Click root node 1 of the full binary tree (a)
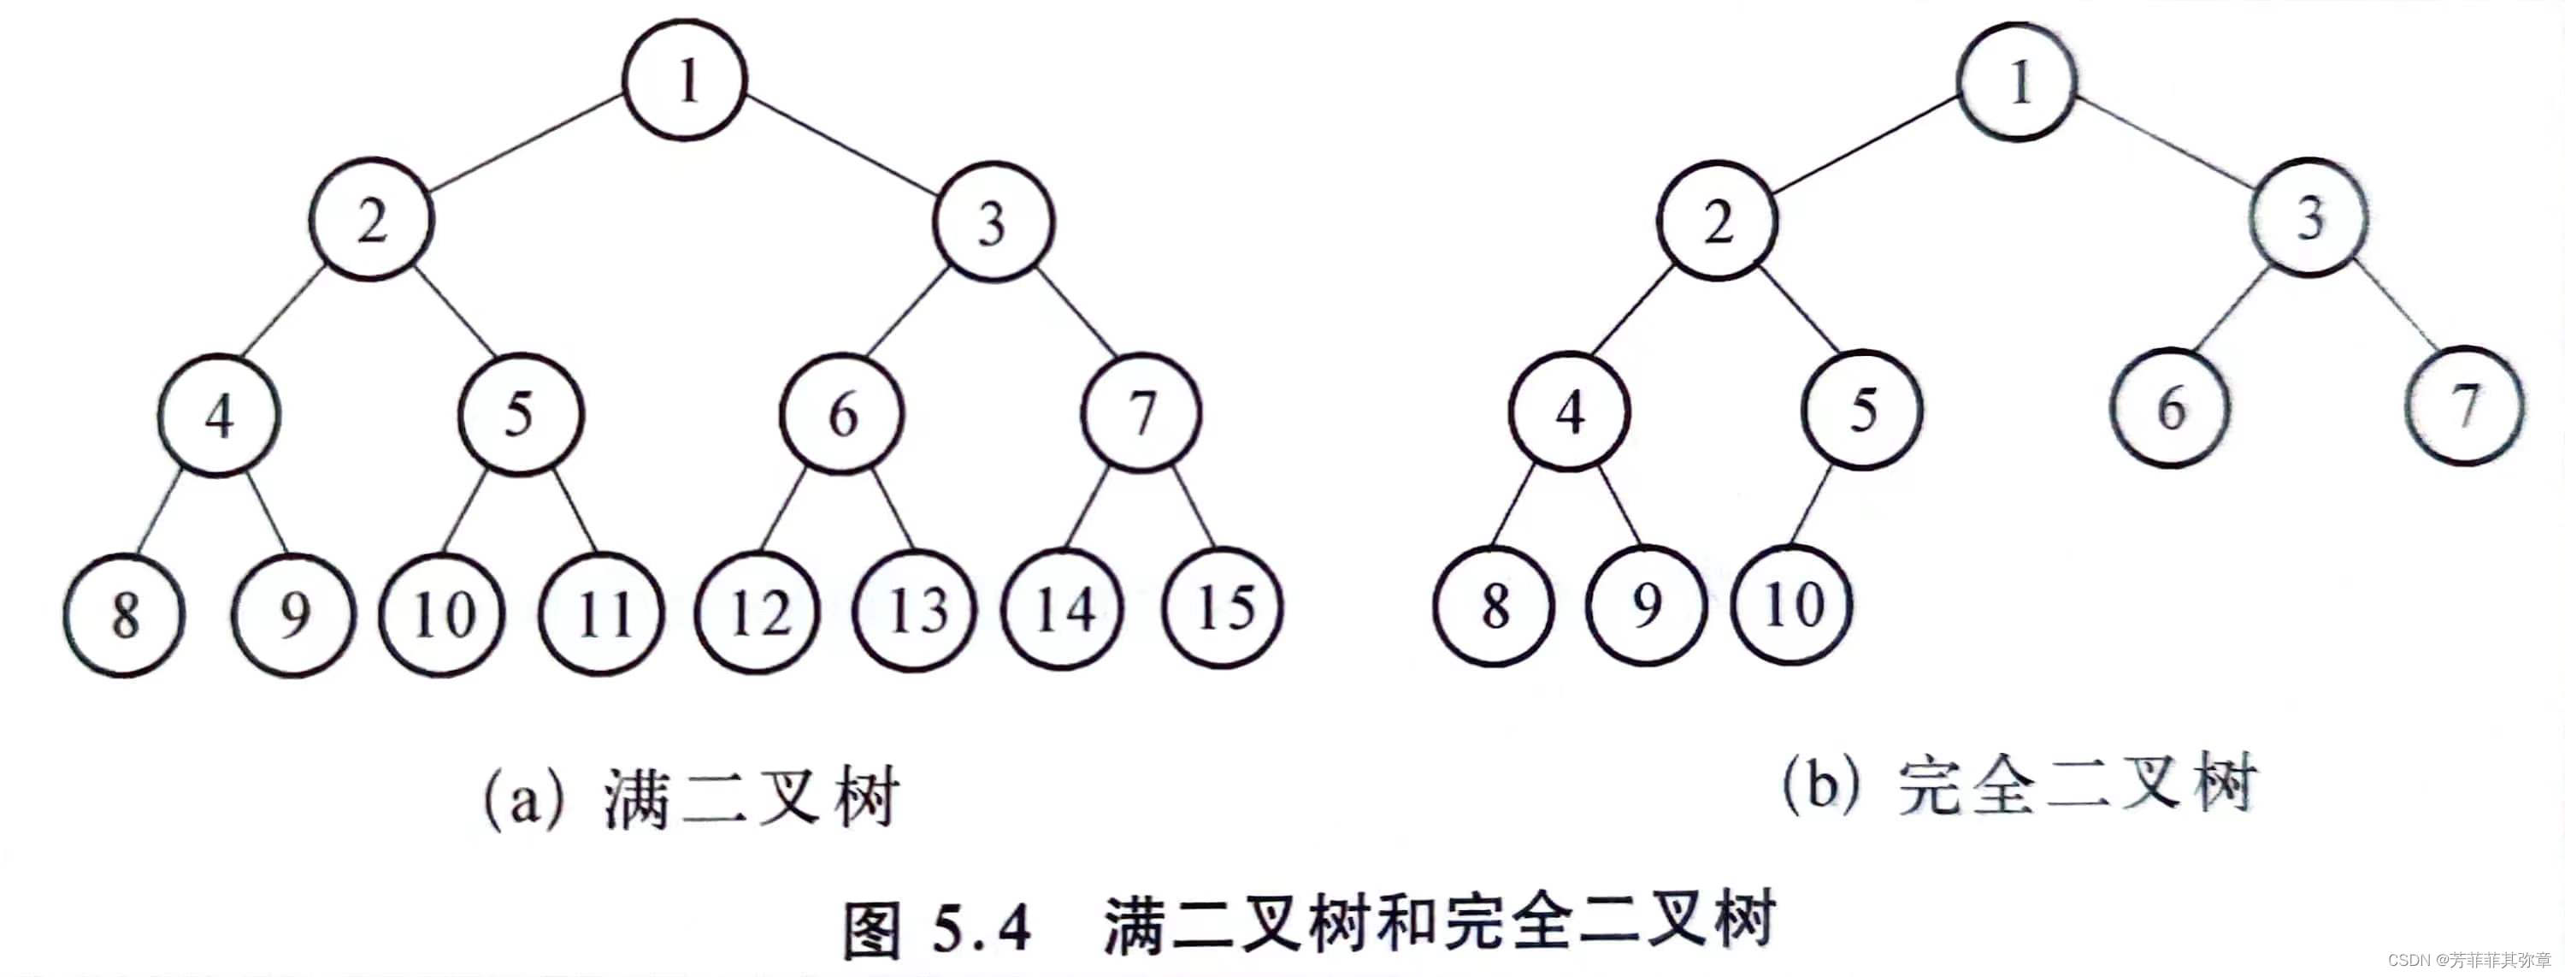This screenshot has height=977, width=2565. click(x=685, y=80)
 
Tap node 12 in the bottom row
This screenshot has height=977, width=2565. click(x=758, y=612)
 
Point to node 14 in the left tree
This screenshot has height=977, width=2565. click(x=1064, y=607)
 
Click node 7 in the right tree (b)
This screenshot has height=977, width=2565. click(x=2463, y=406)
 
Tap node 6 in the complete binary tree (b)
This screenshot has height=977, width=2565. click(x=2170, y=407)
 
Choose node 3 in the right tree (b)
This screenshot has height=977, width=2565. click(x=2309, y=217)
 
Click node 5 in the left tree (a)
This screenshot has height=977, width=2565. click(x=520, y=412)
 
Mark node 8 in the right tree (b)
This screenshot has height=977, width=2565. click(x=1494, y=605)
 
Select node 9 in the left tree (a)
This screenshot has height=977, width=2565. click(x=294, y=613)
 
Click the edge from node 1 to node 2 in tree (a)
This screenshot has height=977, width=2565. click(x=528, y=141)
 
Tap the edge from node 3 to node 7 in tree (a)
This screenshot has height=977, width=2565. click(x=1077, y=311)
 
